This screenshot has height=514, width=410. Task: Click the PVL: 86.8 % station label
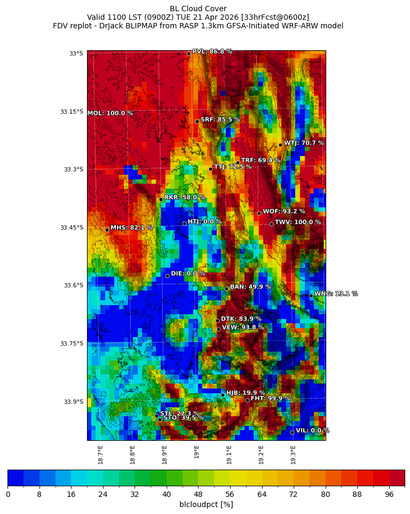(212, 52)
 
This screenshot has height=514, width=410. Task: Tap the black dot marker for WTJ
(280, 145)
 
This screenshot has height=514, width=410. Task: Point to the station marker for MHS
(107, 230)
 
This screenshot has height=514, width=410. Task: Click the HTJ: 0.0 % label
(204, 222)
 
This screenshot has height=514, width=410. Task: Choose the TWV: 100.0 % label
(298, 222)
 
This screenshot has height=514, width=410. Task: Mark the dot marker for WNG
(311, 295)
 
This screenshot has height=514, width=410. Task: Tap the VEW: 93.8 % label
(243, 328)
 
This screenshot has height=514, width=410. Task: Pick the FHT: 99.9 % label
(271, 399)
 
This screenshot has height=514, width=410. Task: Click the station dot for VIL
(292, 432)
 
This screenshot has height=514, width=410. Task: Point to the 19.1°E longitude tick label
(229, 455)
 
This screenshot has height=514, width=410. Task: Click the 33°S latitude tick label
(76, 53)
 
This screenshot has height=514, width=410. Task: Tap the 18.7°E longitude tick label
(100, 455)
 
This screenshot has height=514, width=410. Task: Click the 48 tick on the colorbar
(198, 495)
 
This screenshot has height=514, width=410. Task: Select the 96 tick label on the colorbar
(389, 495)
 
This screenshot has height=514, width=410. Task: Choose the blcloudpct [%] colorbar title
(206, 504)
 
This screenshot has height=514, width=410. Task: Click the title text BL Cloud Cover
(198, 9)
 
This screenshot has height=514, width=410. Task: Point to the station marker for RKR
(161, 199)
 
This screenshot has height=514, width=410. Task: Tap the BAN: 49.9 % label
(250, 287)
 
